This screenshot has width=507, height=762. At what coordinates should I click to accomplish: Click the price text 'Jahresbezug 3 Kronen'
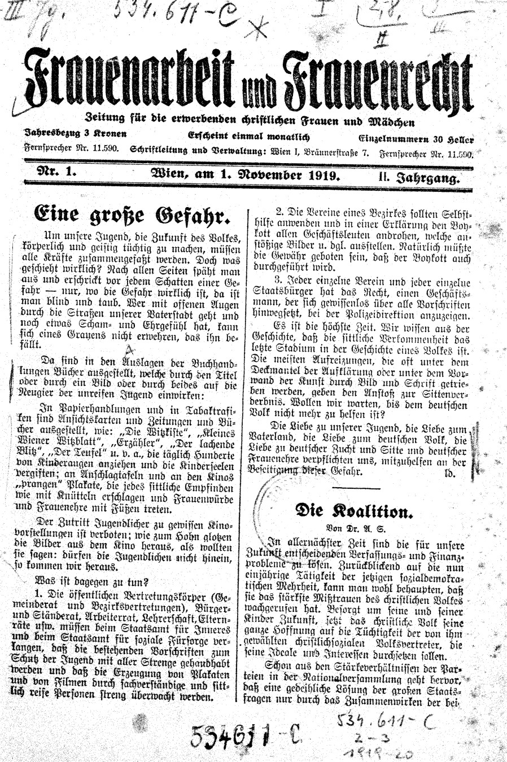pos(75,135)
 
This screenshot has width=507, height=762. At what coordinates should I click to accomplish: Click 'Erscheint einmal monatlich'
pos(249,137)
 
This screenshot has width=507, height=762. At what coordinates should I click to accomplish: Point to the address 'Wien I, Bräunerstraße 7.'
pos(318,151)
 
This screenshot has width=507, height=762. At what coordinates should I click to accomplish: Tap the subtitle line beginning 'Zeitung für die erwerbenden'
pos(249,120)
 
